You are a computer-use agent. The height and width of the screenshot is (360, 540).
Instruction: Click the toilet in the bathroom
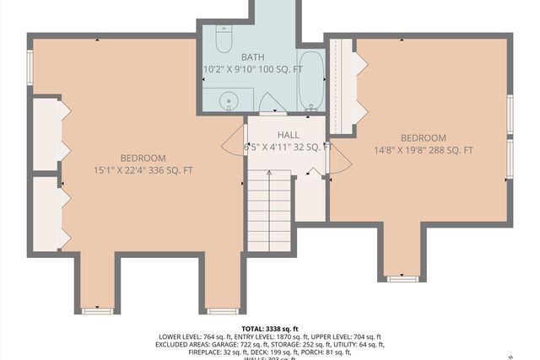click(x=224, y=39)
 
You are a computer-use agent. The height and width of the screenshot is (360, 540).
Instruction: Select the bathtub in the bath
click(x=311, y=81)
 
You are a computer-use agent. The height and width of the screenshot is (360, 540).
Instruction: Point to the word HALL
click(x=288, y=134)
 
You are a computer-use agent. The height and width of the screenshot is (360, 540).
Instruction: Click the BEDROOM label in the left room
click(x=143, y=158)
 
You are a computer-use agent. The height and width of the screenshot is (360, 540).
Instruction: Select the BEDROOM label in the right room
click(x=423, y=138)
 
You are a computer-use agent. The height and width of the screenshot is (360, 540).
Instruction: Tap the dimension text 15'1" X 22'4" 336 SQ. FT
click(x=143, y=170)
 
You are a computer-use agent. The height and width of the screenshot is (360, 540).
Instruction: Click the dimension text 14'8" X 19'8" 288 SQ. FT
click(x=424, y=151)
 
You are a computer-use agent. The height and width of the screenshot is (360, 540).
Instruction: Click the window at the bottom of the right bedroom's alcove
click(x=402, y=277)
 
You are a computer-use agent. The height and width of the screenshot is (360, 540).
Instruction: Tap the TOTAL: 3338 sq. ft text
click(x=269, y=329)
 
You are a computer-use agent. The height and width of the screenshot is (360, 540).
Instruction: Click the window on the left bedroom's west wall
click(x=30, y=66)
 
